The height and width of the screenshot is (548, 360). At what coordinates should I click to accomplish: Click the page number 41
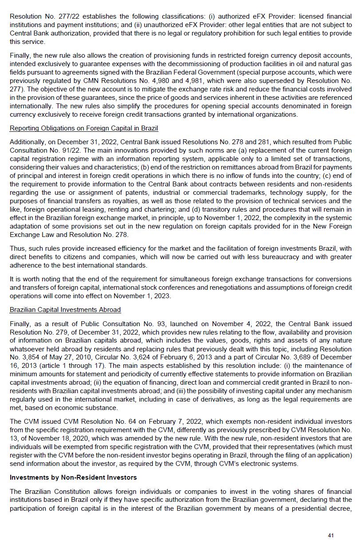(x=331, y=536)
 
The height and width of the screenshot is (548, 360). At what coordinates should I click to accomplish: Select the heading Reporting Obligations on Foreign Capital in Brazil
(x=84, y=128)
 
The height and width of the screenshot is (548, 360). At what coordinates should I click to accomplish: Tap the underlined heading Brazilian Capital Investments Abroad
(x=65, y=309)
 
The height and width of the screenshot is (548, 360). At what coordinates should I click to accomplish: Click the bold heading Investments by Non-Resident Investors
(x=73, y=477)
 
